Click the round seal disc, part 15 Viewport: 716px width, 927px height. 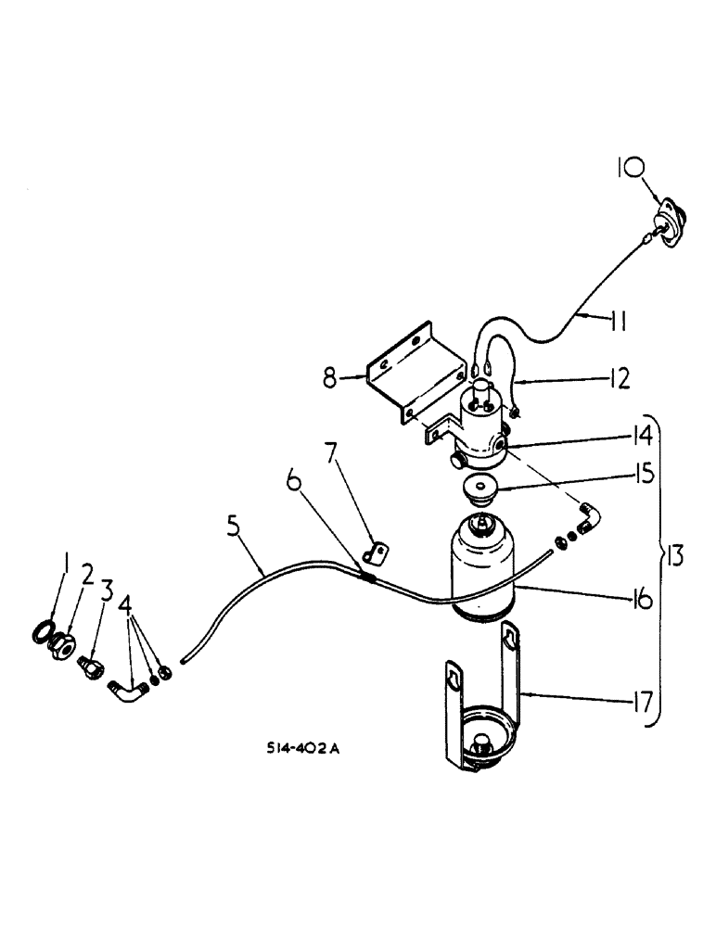click(x=480, y=489)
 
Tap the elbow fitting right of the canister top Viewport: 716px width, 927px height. click(x=591, y=514)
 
